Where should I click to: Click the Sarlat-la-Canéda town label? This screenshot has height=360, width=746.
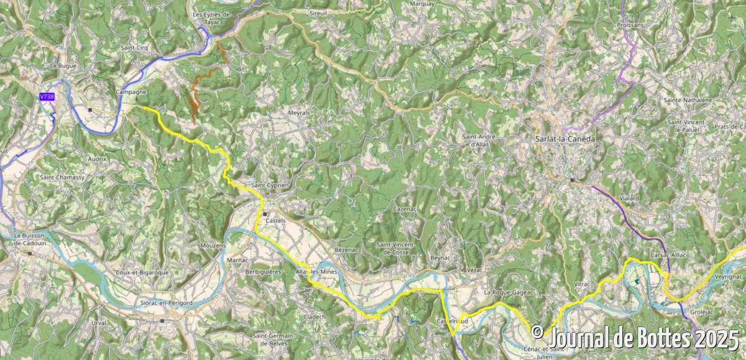(564, 139)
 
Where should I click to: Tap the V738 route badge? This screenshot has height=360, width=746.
(47, 97)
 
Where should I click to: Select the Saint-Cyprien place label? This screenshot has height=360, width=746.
(270, 185)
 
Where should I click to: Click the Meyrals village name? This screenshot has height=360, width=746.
(299, 113)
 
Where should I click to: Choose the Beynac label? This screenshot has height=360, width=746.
(440, 257)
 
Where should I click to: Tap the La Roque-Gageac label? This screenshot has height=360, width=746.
(505, 292)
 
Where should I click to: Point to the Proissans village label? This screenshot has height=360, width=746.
(630, 24)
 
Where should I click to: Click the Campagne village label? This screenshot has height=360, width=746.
(131, 91)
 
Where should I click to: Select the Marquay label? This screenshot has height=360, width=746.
(423, 3)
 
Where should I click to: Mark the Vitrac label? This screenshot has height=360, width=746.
(583, 284)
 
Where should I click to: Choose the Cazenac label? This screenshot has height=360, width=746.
(405, 210)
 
